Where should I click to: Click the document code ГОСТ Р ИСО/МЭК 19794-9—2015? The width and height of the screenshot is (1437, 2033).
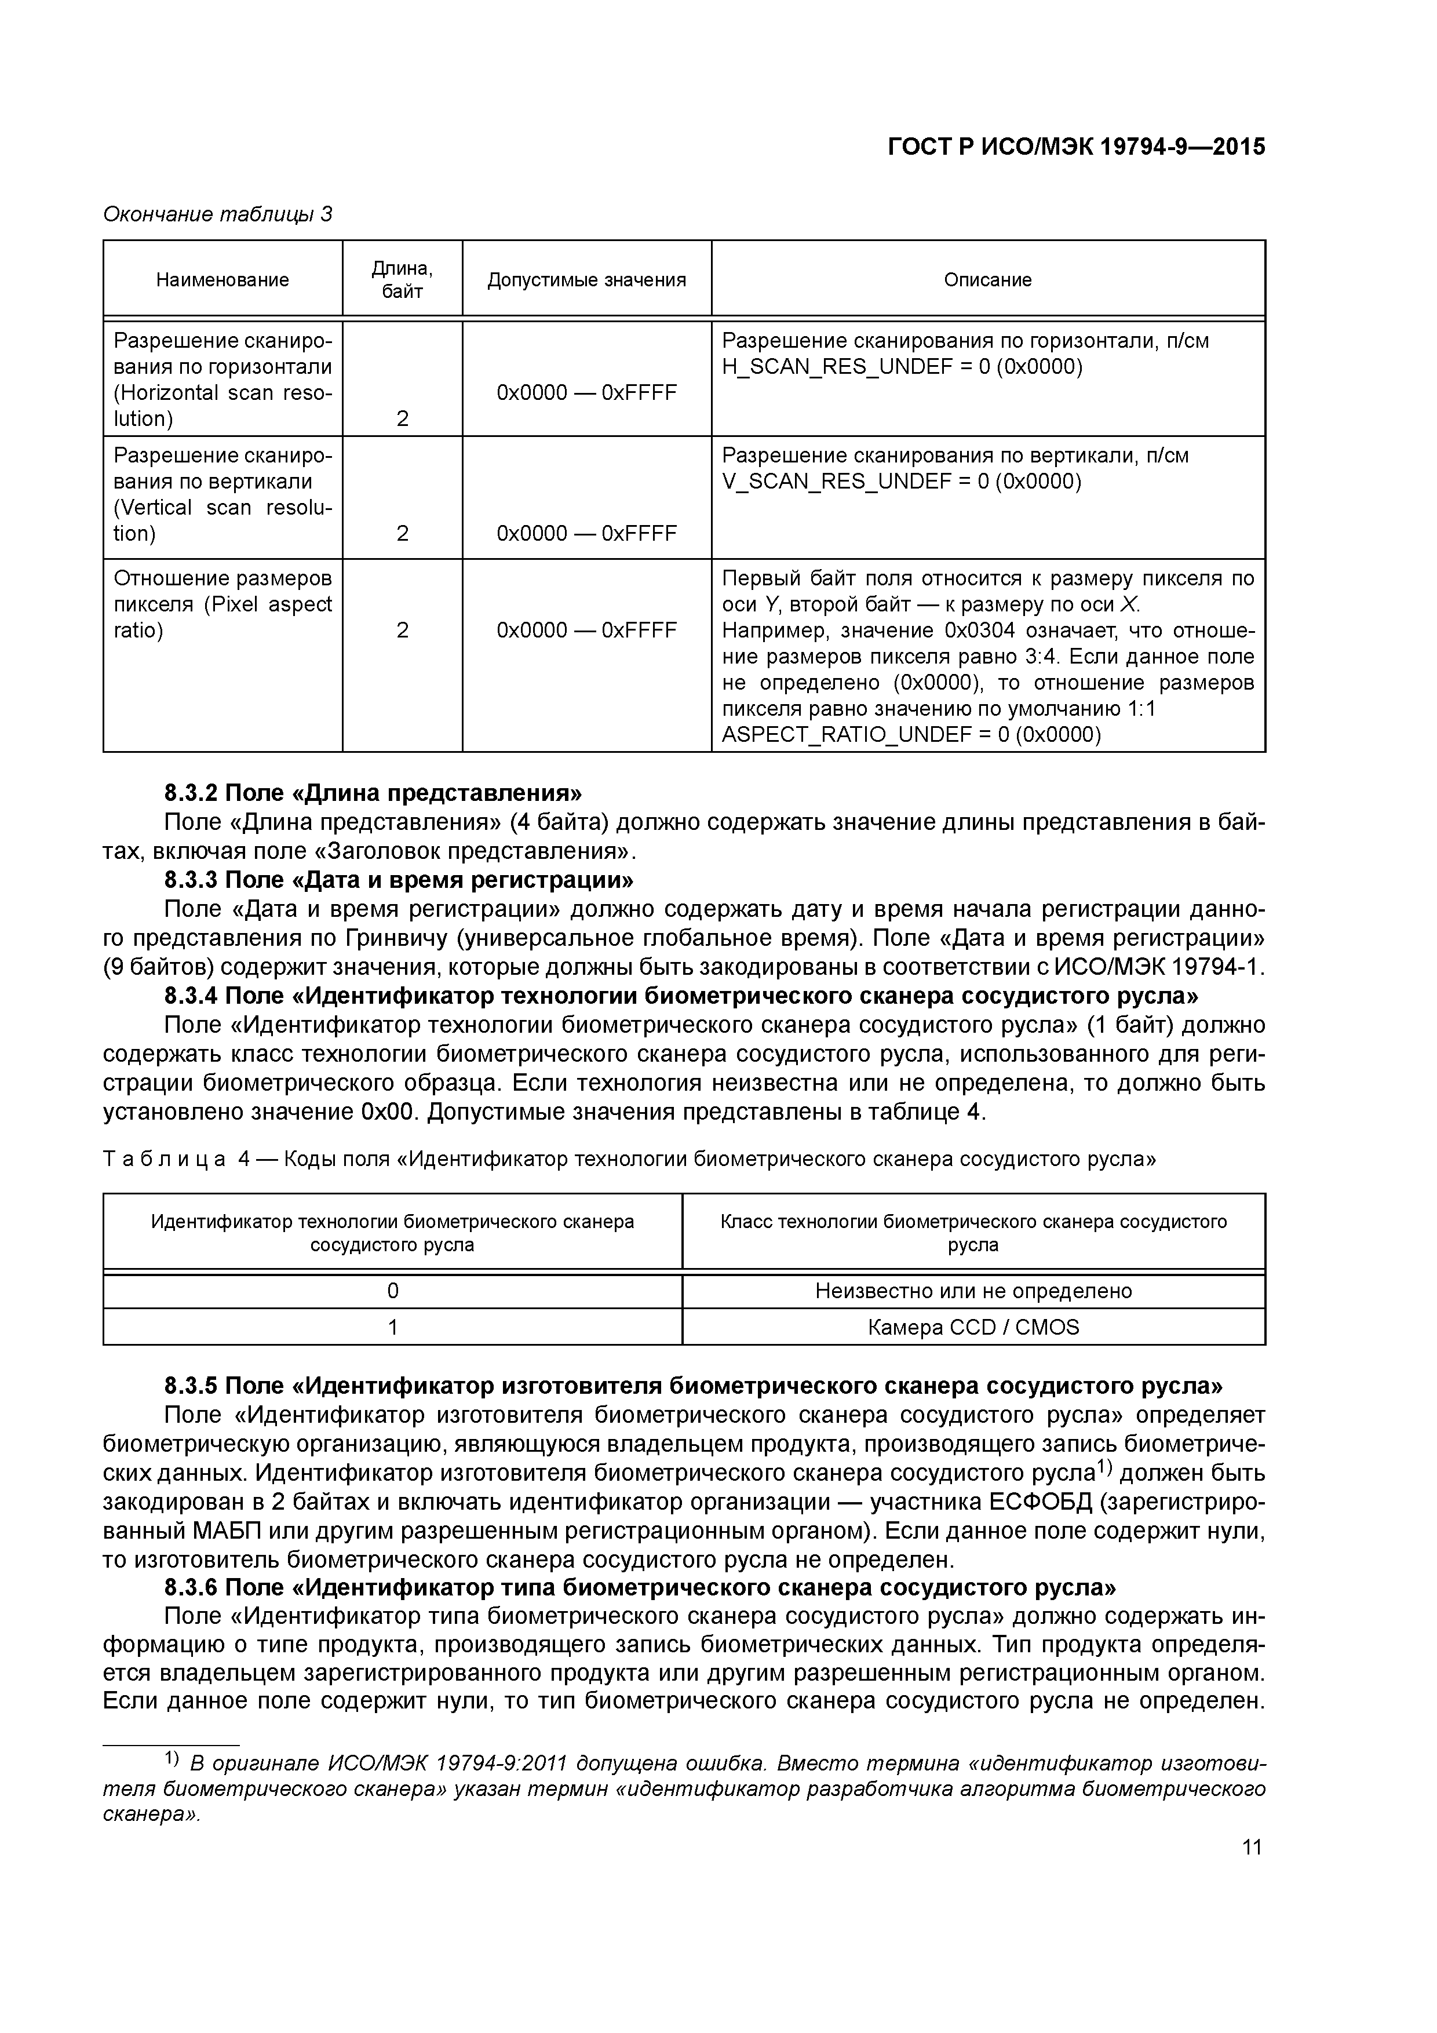click(x=1076, y=147)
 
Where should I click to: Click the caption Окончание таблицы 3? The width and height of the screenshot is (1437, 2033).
click(x=218, y=214)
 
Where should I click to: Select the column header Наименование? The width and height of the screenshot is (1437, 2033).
click(x=223, y=280)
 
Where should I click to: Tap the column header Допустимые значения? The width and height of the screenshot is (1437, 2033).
click(x=586, y=280)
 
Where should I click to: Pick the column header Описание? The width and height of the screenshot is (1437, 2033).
click(x=987, y=280)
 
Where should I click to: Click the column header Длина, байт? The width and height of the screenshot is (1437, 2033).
click(x=402, y=280)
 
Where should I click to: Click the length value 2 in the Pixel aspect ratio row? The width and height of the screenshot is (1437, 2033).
click(x=402, y=631)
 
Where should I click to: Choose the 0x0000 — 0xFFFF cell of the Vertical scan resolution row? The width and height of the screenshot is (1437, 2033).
click(x=586, y=533)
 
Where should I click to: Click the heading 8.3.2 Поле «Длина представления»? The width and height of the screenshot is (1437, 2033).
click(x=374, y=792)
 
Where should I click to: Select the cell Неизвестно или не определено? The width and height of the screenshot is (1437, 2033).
click(x=973, y=1291)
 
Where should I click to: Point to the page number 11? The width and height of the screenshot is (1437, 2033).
click(x=1251, y=1847)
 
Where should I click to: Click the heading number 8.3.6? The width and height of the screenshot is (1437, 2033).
click(x=191, y=1587)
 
